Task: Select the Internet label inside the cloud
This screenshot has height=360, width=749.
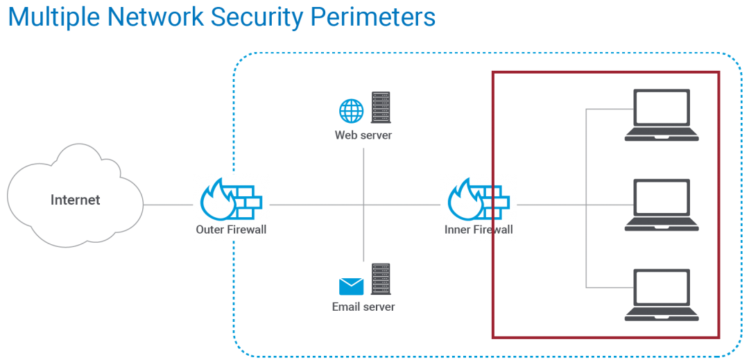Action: pos(76,200)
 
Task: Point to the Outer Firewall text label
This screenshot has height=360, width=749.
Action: pos(231,230)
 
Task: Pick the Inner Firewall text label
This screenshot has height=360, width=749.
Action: pos(479,230)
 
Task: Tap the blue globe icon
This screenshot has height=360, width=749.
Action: pos(351,111)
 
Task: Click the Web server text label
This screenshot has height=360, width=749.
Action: pos(363,135)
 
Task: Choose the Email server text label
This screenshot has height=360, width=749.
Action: pos(363,306)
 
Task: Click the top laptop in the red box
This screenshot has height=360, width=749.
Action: pos(662,115)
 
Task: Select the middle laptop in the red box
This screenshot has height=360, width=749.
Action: pos(662,205)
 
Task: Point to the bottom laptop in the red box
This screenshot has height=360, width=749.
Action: pos(662,295)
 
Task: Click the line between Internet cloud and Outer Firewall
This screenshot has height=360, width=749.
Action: pos(168,205)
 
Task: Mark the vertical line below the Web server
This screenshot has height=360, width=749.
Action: pos(363,173)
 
